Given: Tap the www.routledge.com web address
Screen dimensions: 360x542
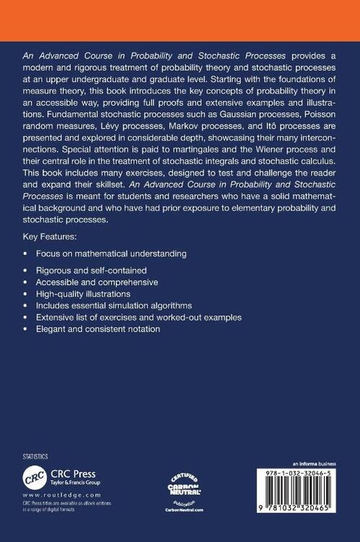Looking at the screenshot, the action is [52, 496].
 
